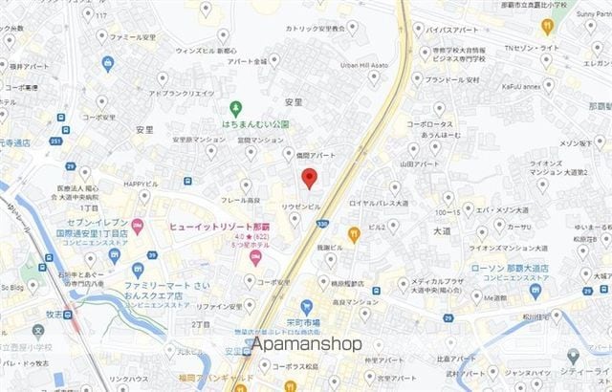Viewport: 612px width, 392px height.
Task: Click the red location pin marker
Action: click(309, 178)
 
